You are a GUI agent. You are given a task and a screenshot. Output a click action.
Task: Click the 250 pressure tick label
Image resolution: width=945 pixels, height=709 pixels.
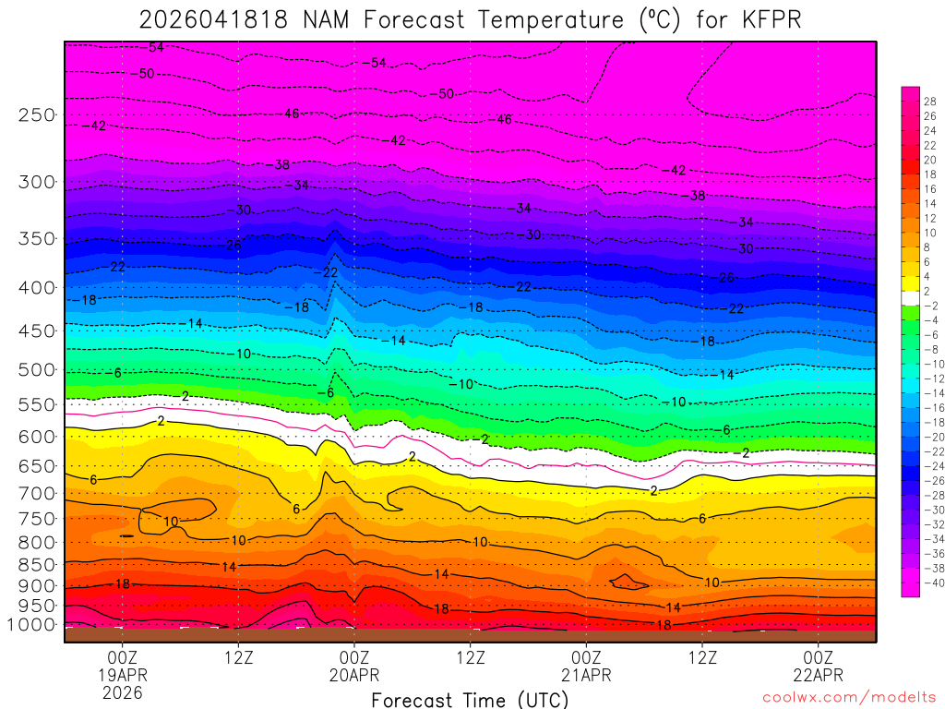36,115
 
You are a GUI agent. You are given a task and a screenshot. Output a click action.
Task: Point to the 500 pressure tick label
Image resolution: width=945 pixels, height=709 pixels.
36,370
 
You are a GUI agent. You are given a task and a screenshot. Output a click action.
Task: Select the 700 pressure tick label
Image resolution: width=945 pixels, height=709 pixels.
36,494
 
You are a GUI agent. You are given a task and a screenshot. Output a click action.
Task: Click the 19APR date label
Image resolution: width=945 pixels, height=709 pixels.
123,675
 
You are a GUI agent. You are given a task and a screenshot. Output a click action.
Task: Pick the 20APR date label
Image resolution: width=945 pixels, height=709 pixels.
354,675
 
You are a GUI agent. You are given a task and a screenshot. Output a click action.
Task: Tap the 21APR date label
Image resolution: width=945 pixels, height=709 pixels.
587,675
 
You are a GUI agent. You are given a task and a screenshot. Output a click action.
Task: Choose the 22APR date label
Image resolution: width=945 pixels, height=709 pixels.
819,675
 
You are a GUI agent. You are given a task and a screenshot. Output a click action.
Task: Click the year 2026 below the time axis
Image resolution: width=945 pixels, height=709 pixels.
123,692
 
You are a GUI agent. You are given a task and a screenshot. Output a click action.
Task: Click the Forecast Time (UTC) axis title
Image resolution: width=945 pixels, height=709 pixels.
471,699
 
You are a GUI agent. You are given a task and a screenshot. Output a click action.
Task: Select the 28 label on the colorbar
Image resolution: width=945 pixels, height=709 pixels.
929,102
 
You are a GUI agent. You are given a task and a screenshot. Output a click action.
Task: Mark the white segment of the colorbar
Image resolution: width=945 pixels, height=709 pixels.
910,298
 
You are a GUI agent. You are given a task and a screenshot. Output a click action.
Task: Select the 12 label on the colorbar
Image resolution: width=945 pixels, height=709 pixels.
929,218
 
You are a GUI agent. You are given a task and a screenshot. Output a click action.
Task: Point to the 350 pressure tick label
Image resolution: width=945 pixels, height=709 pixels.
36,239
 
